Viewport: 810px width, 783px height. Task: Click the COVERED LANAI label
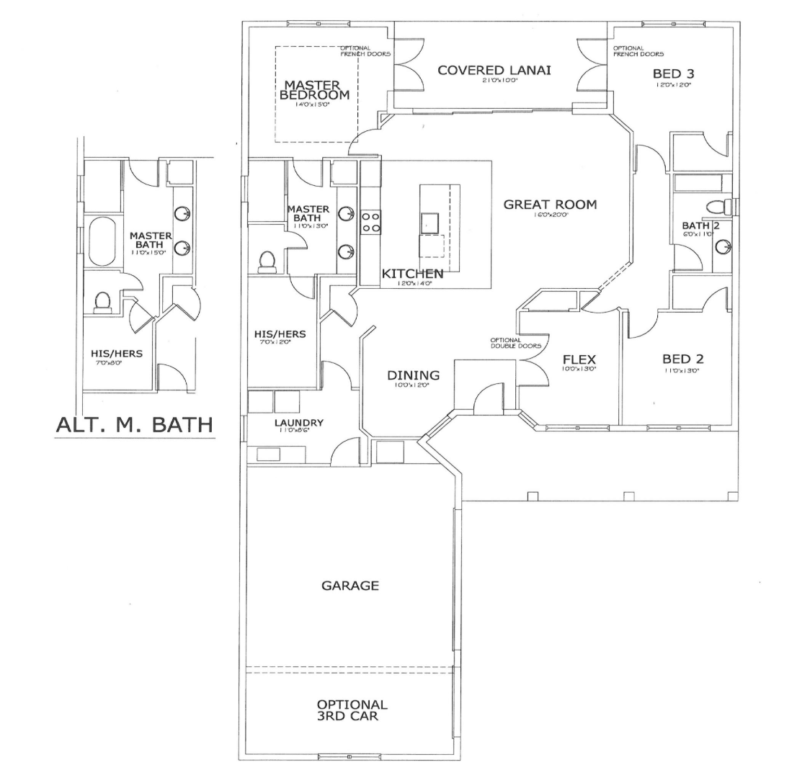(x=494, y=70)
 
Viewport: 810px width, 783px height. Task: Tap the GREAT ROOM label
(x=550, y=205)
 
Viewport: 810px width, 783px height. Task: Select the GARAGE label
(x=350, y=586)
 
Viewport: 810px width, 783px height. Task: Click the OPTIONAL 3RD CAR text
(x=352, y=710)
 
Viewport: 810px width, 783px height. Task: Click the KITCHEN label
(x=412, y=274)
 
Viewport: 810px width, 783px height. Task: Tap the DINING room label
(x=413, y=375)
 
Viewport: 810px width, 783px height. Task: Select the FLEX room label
(x=579, y=359)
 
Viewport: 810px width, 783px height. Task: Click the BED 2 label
(x=682, y=359)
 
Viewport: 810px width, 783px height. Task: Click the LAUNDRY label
(x=298, y=423)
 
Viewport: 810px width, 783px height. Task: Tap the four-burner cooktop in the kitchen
(x=371, y=222)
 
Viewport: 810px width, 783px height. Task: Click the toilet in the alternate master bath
(x=102, y=302)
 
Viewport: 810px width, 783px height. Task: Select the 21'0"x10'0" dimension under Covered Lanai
(x=494, y=81)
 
